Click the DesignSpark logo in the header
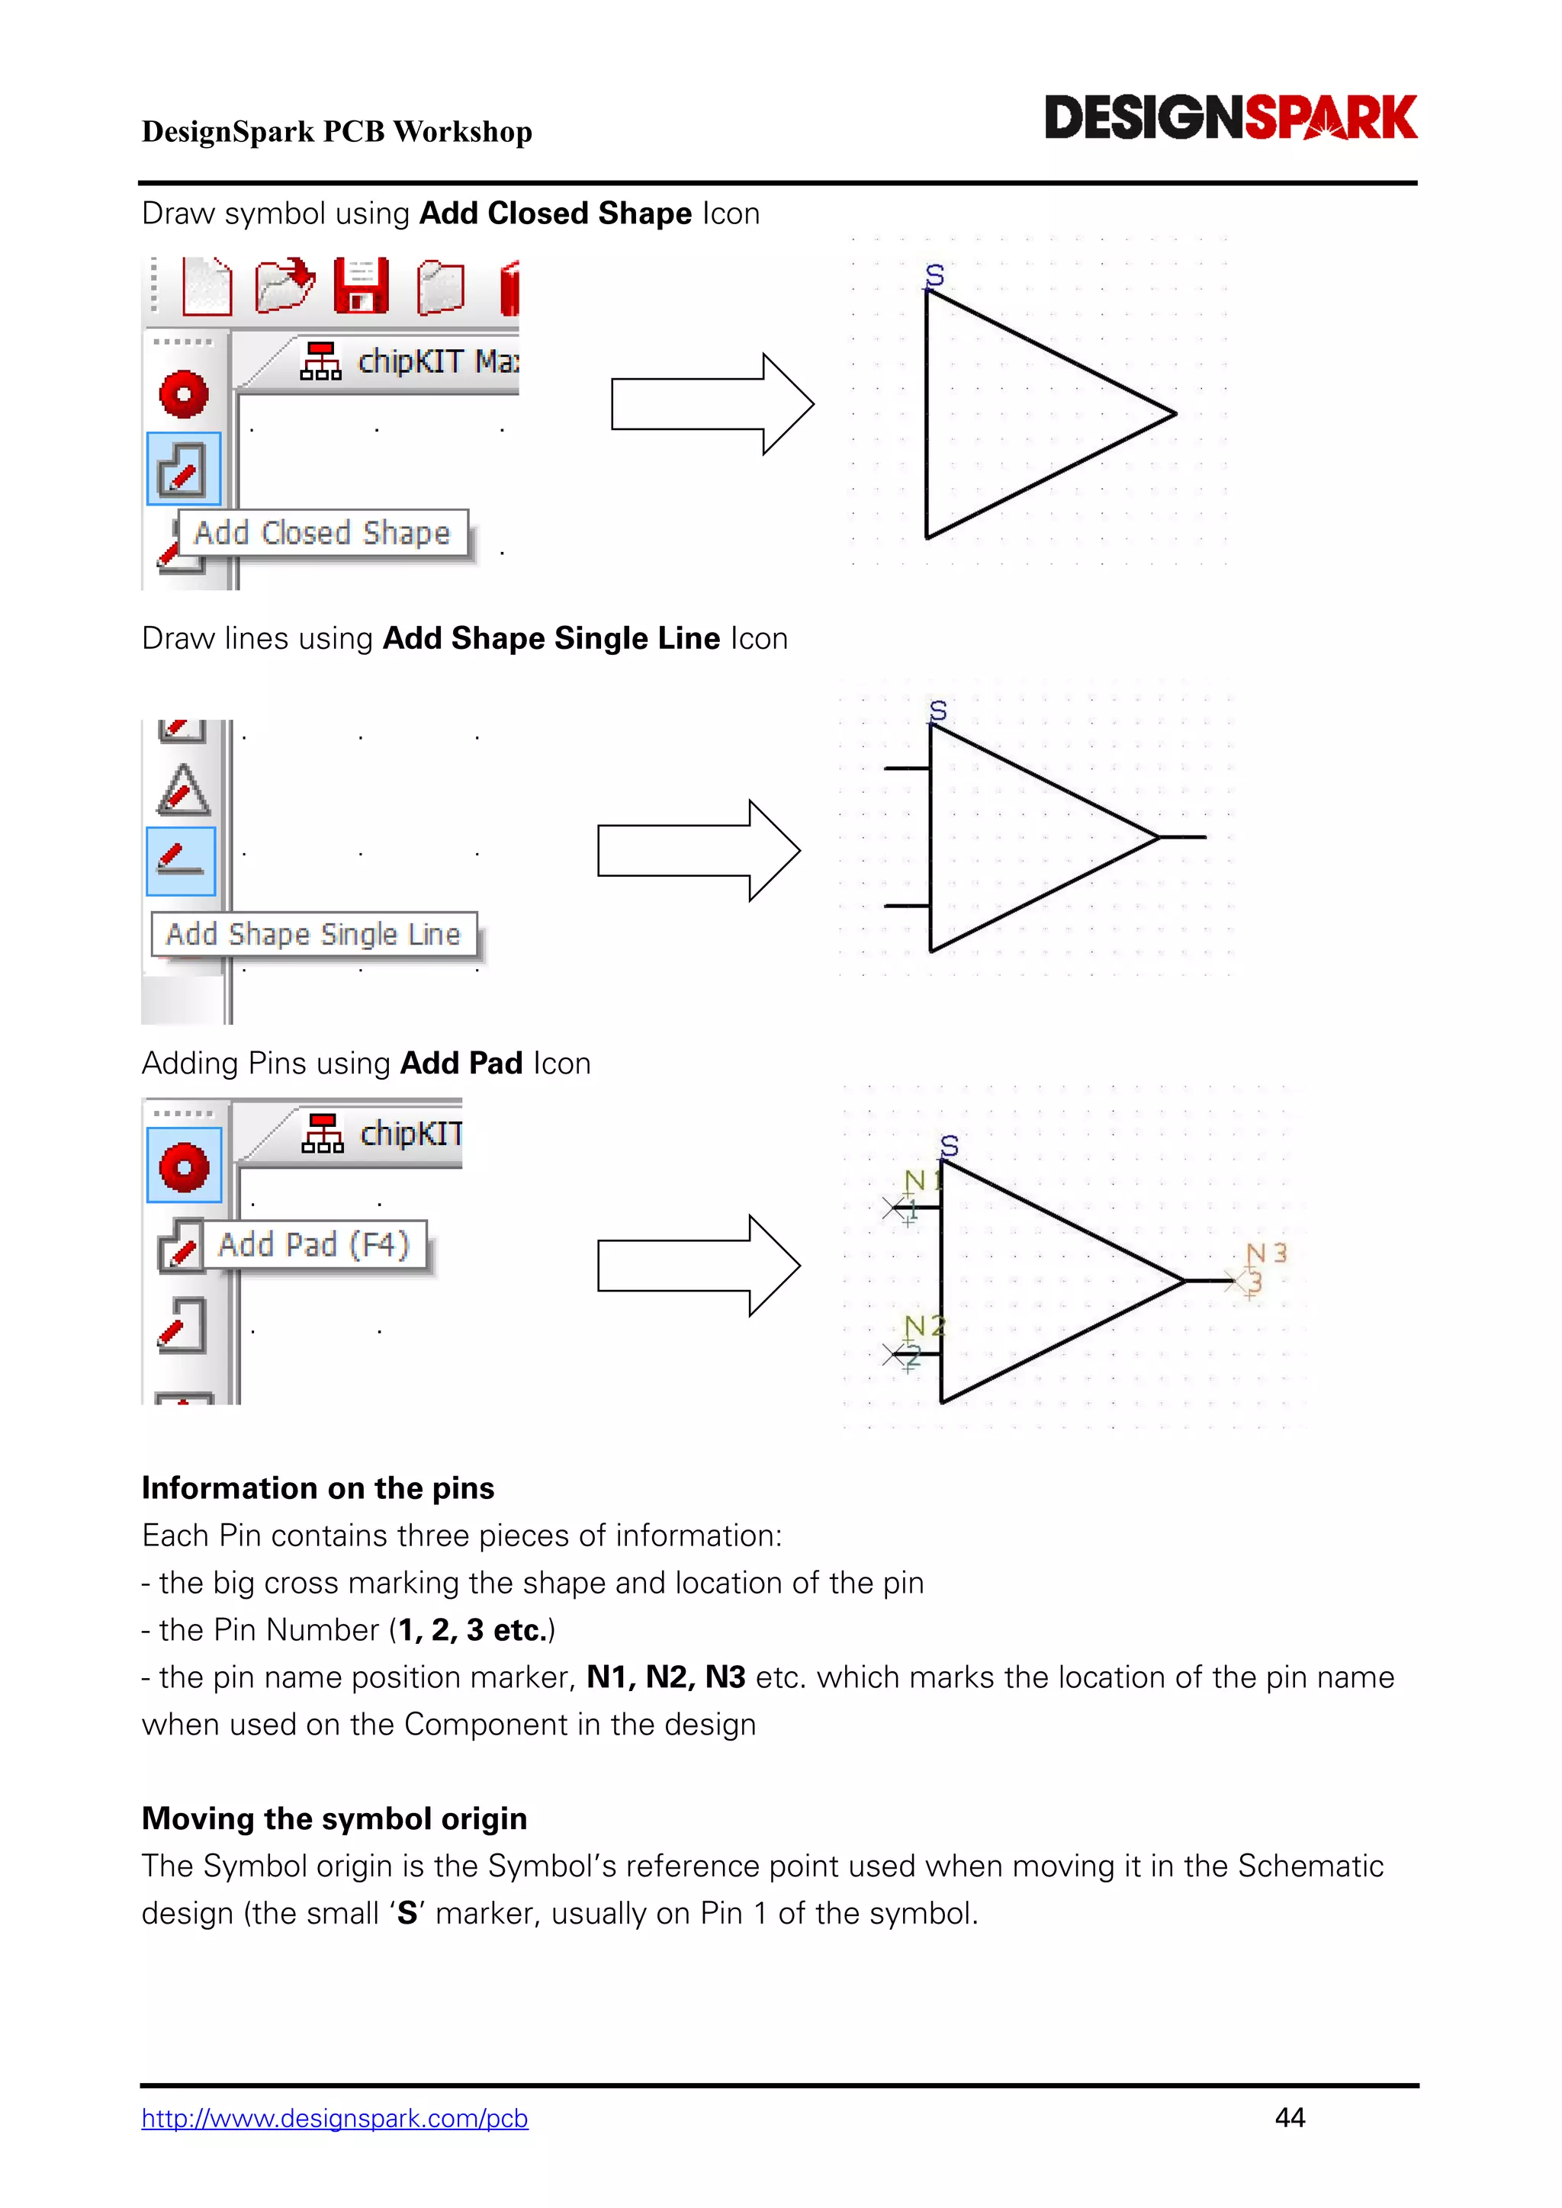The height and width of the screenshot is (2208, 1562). (x=1230, y=117)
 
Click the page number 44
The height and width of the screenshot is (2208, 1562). (x=1289, y=2117)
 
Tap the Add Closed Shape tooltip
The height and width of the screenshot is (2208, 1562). (x=322, y=533)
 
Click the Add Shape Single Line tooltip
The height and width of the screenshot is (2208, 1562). (x=313, y=934)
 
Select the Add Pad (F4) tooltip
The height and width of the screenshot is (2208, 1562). (x=313, y=1244)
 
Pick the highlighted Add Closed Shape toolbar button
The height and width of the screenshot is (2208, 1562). (x=183, y=470)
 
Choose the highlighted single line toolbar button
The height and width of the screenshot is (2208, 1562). (x=182, y=860)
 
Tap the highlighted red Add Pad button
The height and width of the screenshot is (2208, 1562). (x=184, y=1166)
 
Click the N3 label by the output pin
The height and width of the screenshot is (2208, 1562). (x=1266, y=1253)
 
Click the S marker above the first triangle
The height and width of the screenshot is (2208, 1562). (x=934, y=276)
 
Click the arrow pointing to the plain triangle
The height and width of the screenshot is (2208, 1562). (x=712, y=404)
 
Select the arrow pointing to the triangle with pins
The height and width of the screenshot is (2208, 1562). (x=699, y=1266)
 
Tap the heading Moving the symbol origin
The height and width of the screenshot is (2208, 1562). (x=334, y=1818)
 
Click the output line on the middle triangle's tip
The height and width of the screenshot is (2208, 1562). (x=1182, y=836)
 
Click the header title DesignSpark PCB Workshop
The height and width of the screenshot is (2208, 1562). (x=336, y=132)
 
